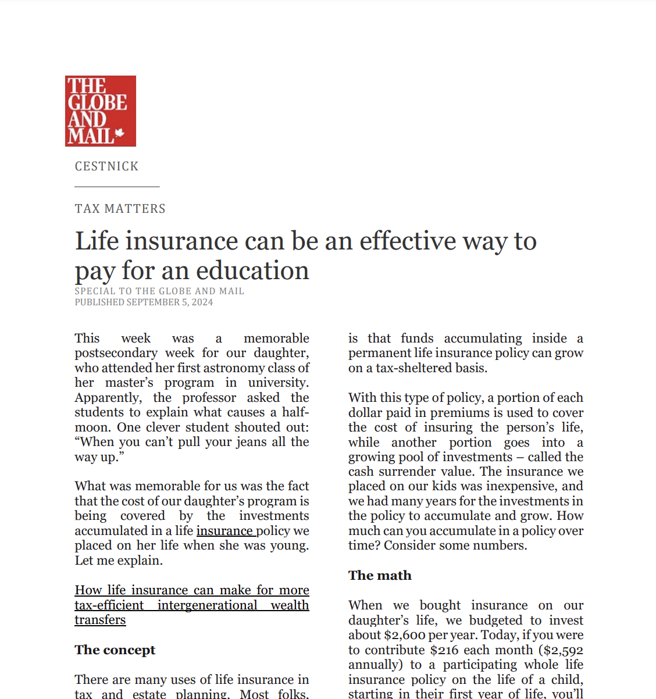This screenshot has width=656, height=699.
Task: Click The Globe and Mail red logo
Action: tap(100, 110)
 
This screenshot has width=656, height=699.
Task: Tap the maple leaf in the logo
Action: tap(120, 134)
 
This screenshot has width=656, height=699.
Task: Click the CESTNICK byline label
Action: tap(106, 166)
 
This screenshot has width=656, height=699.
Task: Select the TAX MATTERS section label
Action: tap(120, 209)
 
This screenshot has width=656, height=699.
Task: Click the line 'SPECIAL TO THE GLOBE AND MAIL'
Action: tap(159, 291)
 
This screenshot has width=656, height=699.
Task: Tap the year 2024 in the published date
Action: tap(202, 302)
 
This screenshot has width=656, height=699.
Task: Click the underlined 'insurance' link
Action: tap(224, 531)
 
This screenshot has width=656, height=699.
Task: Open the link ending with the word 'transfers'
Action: tap(100, 620)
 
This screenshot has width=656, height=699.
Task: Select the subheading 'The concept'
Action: tap(115, 650)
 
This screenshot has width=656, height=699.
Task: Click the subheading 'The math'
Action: tap(380, 576)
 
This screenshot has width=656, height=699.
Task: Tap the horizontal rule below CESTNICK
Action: tap(117, 187)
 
